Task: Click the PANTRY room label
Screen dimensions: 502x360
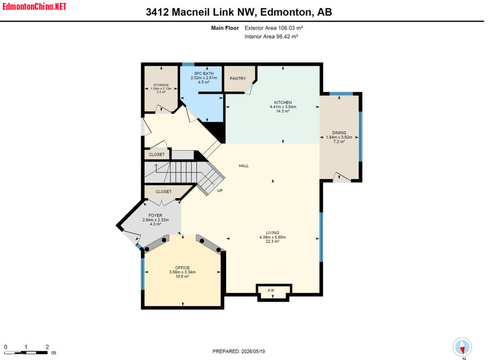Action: pyautogui.click(x=238, y=78)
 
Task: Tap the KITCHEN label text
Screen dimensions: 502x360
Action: pyautogui.click(x=283, y=103)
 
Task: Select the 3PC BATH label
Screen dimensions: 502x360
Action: pyautogui.click(x=204, y=74)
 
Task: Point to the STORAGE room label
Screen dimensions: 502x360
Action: pyautogui.click(x=161, y=85)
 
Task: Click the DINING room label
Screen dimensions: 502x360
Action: pyautogui.click(x=339, y=132)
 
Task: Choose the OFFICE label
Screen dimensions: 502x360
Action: pyautogui.click(x=182, y=268)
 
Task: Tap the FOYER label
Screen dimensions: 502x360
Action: pyautogui.click(x=155, y=215)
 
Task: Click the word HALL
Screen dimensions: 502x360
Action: pyautogui.click(x=244, y=166)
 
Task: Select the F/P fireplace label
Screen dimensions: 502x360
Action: pyautogui.click(x=271, y=291)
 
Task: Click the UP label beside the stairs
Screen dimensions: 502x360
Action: pyautogui.click(x=220, y=191)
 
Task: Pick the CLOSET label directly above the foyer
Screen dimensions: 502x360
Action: pyautogui.click(x=164, y=192)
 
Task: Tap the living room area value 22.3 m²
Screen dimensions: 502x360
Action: pyautogui.click(x=273, y=241)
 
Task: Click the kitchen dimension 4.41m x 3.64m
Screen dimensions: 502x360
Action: pyautogui.click(x=283, y=106)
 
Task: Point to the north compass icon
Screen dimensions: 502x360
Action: pyautogui.click(x=462, y=347)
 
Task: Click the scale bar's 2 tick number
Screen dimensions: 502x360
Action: pyautogui.click(x=48, y=347)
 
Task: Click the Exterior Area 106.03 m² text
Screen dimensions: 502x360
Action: pyautogui.click(x=274, y=28)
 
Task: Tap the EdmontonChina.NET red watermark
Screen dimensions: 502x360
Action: pyautogui.click(x=34, y=6)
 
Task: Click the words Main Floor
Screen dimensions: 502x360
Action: pyautogui.click(x=225, y=28)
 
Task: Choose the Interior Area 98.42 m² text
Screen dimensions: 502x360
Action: pyautogui.click(x=271, y=36)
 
